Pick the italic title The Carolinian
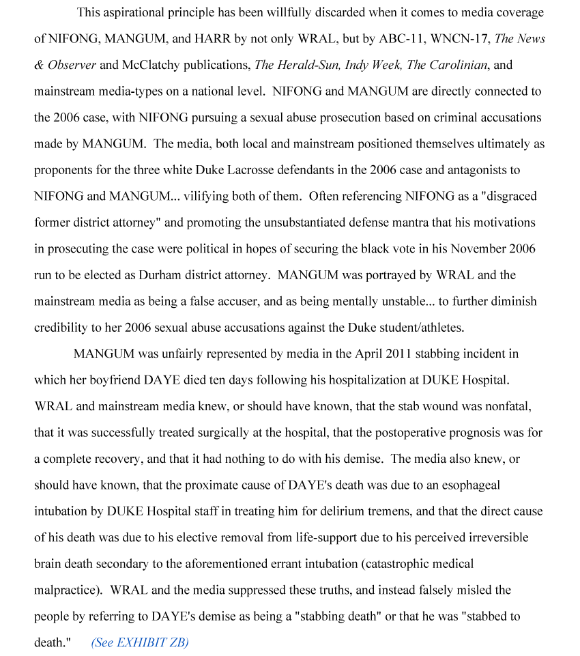[447, 66]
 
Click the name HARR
[212, 39]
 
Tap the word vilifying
[206, 197]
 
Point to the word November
[477, 249]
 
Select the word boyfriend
[115, 380]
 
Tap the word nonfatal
[508, 406]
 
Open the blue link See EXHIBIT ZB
[140, 642]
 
